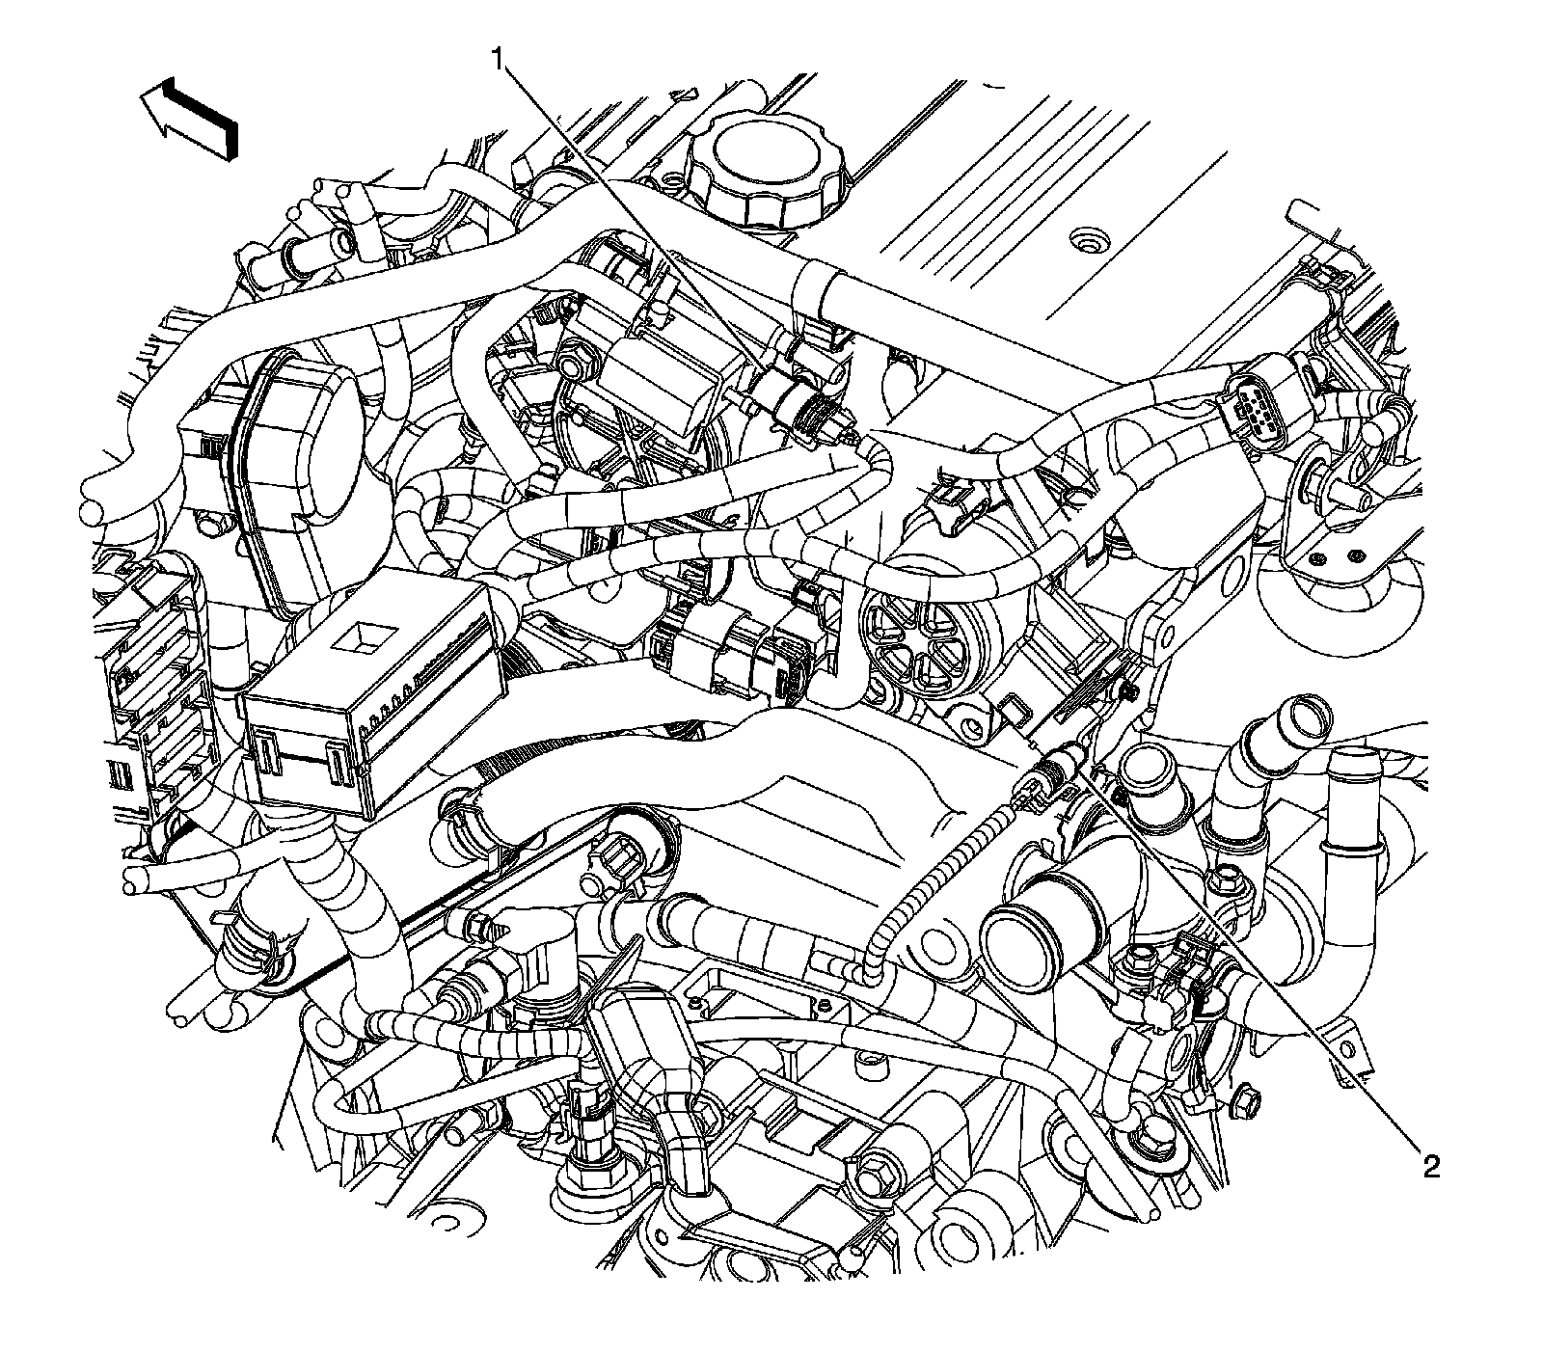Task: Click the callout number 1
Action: point(499,61)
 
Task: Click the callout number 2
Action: point(1430,1168)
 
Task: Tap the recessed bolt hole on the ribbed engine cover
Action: point(1091,238)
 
